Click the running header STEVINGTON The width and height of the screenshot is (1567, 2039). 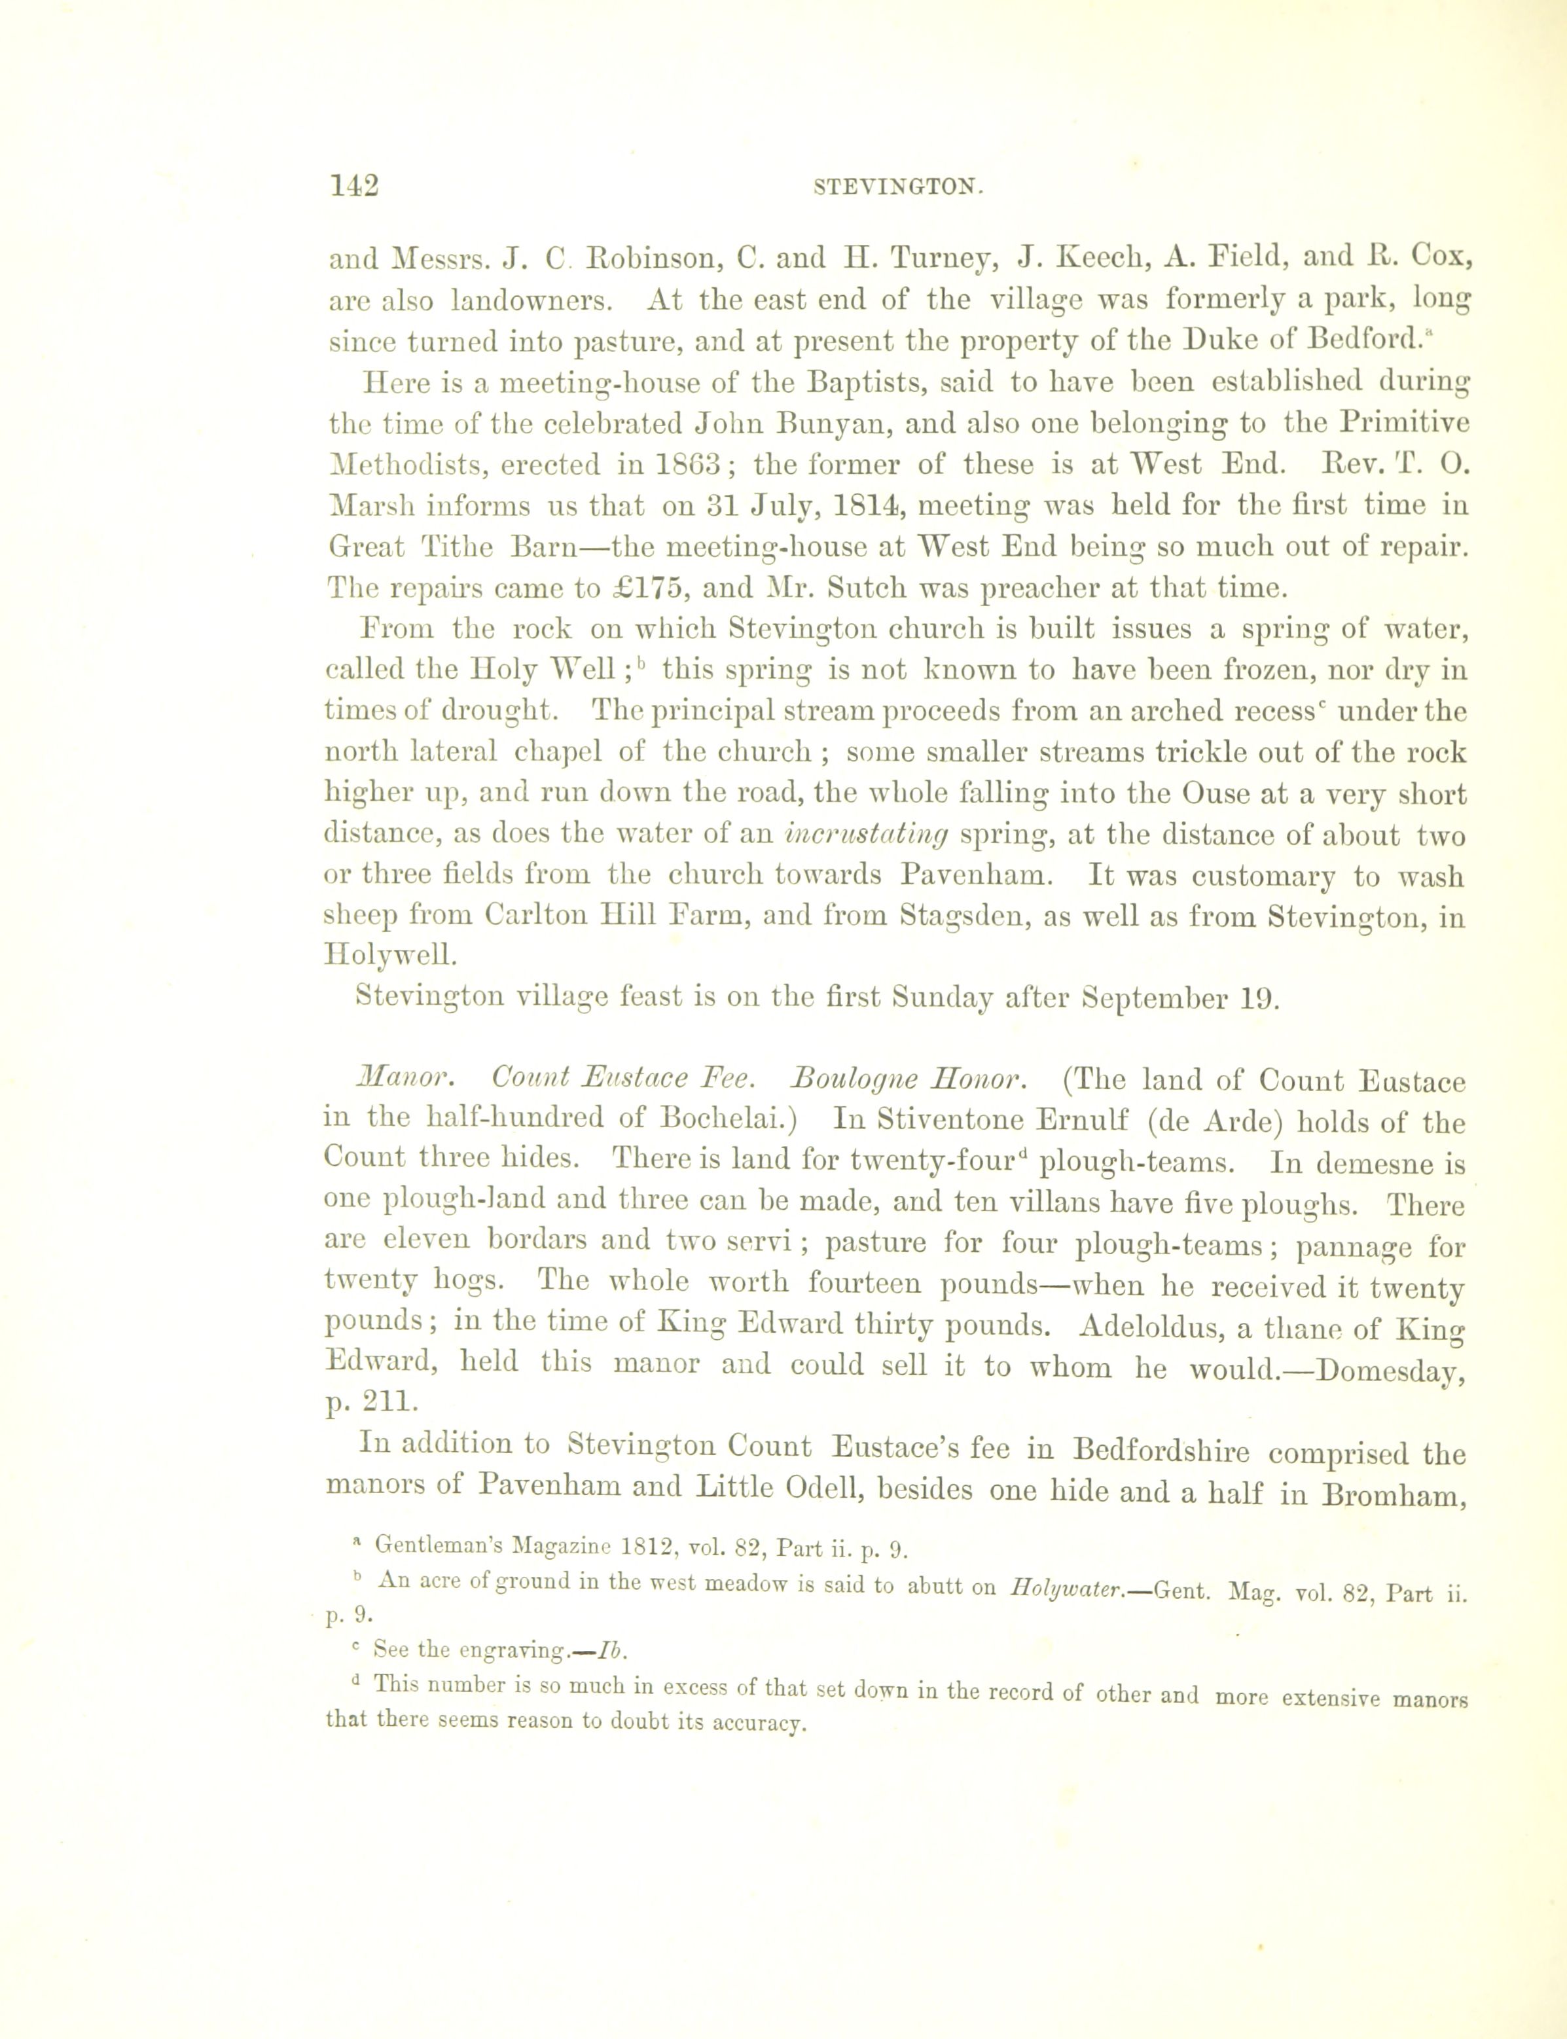pyautogui.click(x=899, y=187)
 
